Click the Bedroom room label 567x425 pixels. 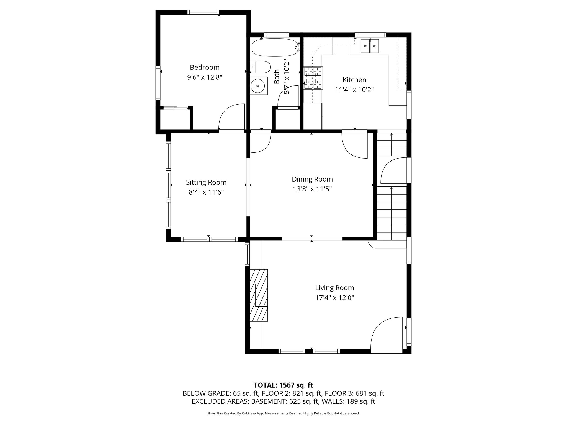pos(205,67)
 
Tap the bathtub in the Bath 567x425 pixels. pos(275,48)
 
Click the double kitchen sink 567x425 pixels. pos(370,46)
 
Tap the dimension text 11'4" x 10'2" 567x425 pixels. pos(354,90)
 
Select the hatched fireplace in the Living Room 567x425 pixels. pos(259,295)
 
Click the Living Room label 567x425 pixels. pos(334,288)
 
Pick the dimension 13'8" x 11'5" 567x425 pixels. pos(312,189)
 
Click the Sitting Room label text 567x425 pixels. pos(206,182)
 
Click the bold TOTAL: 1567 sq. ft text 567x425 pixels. pos(283,385)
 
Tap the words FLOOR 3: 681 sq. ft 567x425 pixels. pos(354,393)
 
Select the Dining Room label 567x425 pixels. pos(312,179)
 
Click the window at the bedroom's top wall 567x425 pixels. pos(203,12)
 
